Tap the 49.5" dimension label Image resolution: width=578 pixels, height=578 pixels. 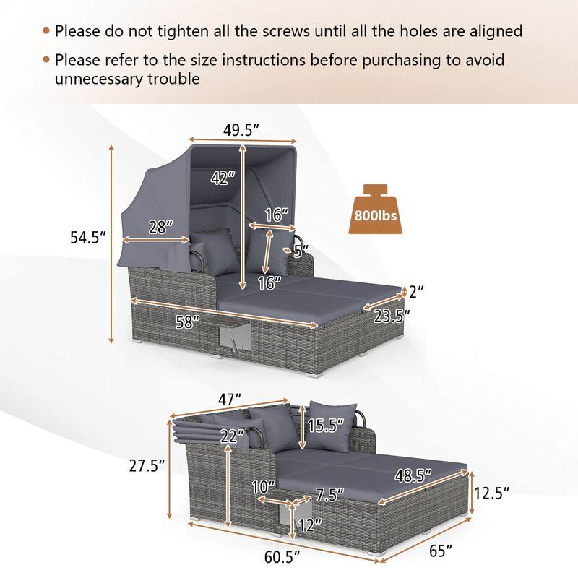click(x=242, y=130)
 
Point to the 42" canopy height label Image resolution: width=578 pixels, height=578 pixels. click(x=223, y=178)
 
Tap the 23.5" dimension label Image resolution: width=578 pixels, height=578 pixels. click(x=392, y=315)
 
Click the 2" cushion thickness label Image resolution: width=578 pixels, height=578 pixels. click(x=415, y=292)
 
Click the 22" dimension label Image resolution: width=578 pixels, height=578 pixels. click(x=232, y=435)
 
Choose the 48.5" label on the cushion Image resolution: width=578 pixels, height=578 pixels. click(x=413, y=474)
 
